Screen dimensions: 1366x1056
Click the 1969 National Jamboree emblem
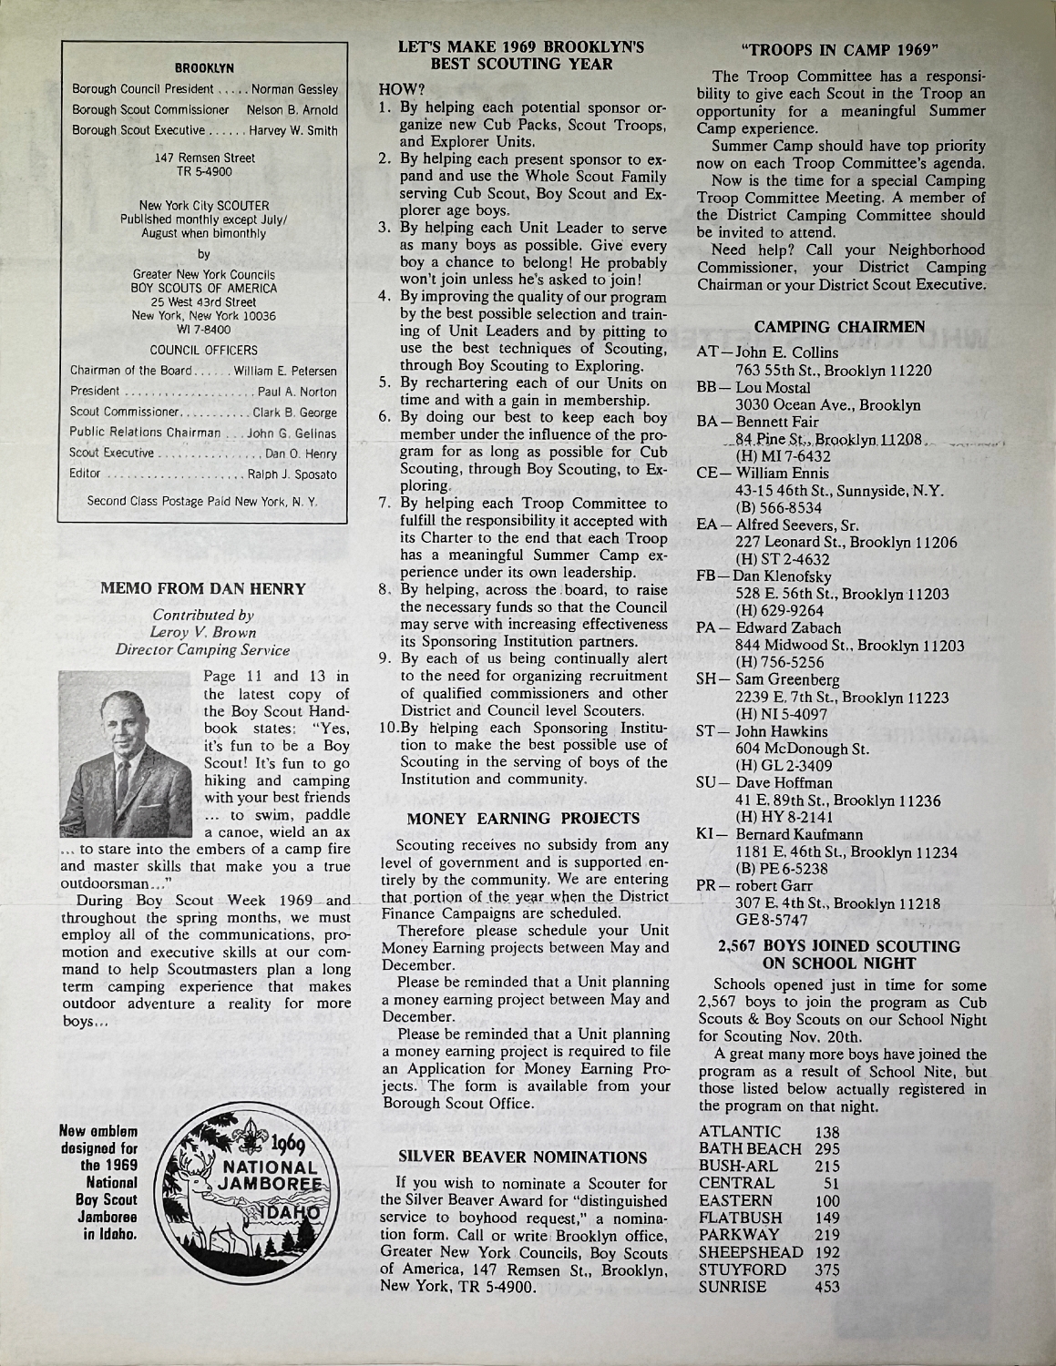pyautogui.click(x=241, y=1193)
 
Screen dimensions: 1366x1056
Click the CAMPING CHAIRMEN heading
pyautogui.click(x=840, y=326)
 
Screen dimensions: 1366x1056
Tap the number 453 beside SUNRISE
pyautogui.click(x=826, y=1287)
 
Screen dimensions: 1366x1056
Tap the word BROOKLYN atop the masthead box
pyautogui.click(x=204, y=68)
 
